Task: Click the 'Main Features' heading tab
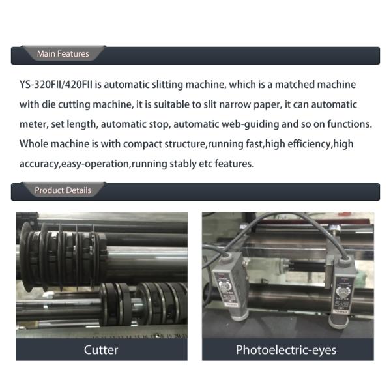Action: (x=63, y=53)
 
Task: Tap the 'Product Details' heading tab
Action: (x=63, y=190)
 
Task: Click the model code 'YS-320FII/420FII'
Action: (x=56, y=85)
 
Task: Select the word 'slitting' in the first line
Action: (x=167, y=85)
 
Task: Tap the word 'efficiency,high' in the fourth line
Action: (x=321, y=144)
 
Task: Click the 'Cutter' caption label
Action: (x=101, y=350)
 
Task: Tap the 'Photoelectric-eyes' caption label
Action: (x=286, y=350)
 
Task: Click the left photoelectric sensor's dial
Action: (x=224, y=285)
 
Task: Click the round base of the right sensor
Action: (x=338, y=322)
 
